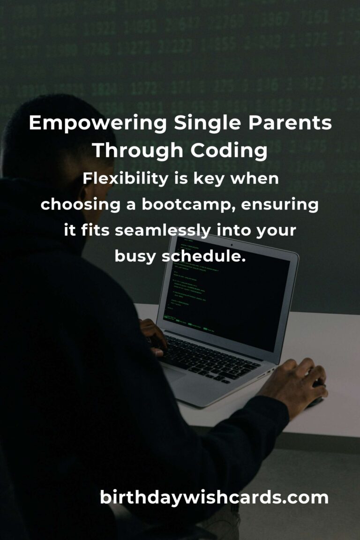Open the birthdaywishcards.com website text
pos(214,498)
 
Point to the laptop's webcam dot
pos(231,245)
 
